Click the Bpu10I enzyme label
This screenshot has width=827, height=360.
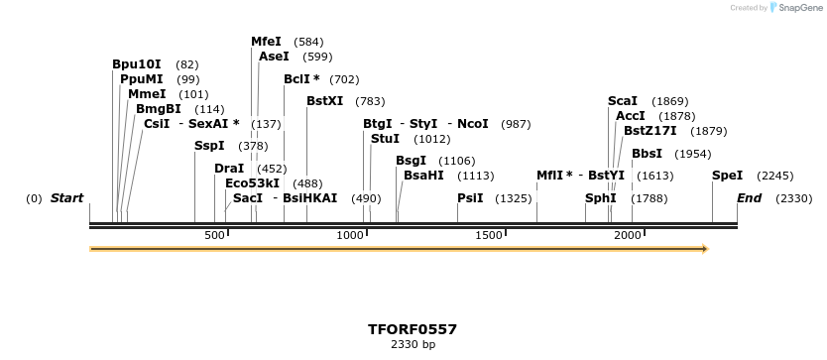pyautogui.click(x=136, y=64)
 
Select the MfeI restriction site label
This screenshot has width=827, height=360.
pyautogui.click(x=266, y=42)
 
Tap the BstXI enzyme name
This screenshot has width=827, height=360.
pyautogui.click(x=324, y=101)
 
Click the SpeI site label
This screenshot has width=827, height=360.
pyautogui.click(x=727, y=176)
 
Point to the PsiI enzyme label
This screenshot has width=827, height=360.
pyautogui.click(x=470, y=198)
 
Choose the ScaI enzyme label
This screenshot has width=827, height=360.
pyautogui.click(x=622, y=101)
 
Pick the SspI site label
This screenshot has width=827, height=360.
pyautogui.click(x=209, y=146)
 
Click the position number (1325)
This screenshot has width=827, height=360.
pyautogui.click(x=514, y=198)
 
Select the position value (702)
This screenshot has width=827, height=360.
pyautogui.click(x=344, y=79)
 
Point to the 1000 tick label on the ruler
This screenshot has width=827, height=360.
pyautogui.click(x=350, y=235)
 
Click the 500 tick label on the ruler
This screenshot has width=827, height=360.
pyautogui.click(x=214, y=235)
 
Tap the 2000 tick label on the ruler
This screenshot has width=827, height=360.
pyautogui.click(x=628, y=235)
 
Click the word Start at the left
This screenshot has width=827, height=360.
pyautogui.click(x=66, y=198)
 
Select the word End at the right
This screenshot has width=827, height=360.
pyautogui.click(x=749, y=198)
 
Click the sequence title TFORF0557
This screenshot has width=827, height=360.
pyautogui.click(x=413, y=329)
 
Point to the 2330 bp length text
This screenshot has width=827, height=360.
pyautogui.click(x=413, y=345)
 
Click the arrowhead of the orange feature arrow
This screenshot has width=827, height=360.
pyautogui.click(x=705, y=249)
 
